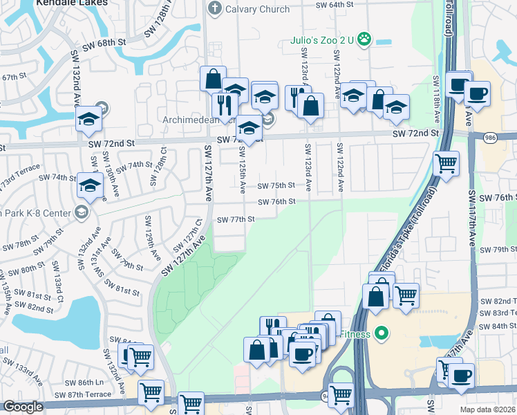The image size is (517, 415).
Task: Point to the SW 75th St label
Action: (x=276, y=185)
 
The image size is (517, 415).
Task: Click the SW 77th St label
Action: (x=236, y=219)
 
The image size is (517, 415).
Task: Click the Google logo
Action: (x=22, y=407)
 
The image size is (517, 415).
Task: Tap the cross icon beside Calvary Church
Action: (x=214, y=8)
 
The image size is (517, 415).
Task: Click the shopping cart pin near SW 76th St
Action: (x=446, y=165)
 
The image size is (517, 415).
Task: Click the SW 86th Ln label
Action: (x=90, y=382)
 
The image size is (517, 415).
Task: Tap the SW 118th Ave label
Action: (x=436, y=94)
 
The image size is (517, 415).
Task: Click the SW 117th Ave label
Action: (x=472, y=228)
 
